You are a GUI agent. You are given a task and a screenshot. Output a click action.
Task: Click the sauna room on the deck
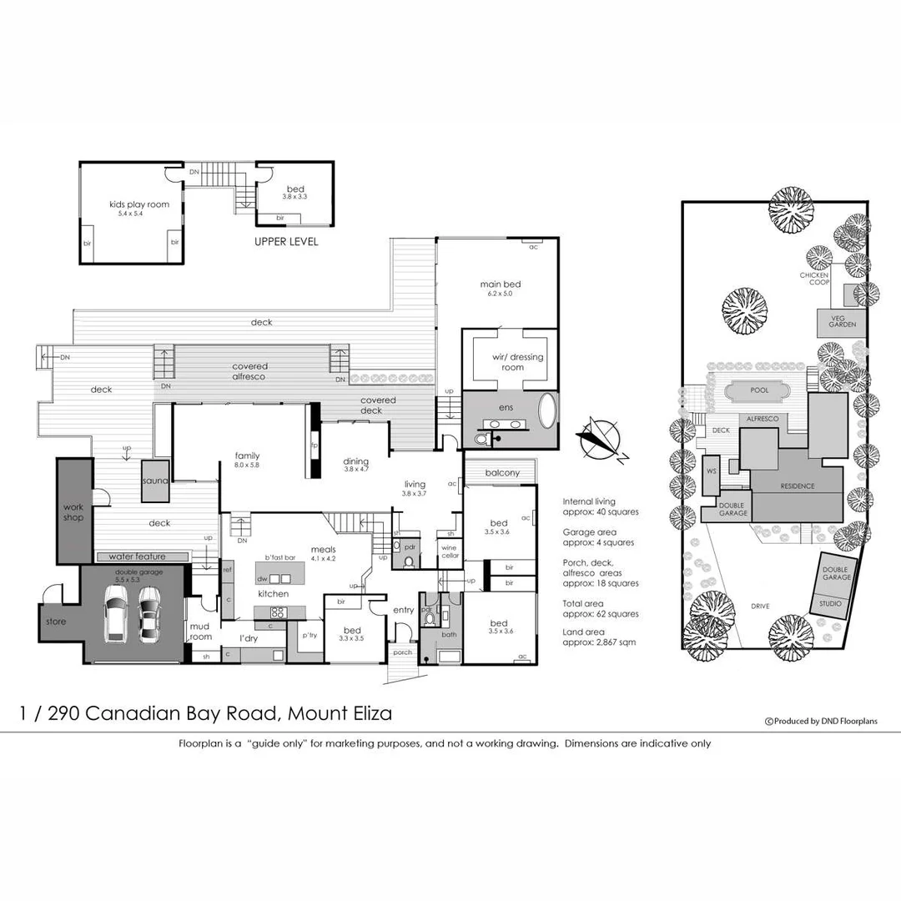click(155, 481)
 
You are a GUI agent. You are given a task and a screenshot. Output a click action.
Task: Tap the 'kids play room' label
click(139, 204)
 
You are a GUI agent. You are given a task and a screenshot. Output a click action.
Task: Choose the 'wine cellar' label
click(450, 551)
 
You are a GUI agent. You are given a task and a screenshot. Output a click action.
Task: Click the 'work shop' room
click(73, 511)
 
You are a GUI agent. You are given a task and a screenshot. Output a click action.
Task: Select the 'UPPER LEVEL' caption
click(286, 242)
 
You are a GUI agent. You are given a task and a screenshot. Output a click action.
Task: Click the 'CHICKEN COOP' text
click(814, 279)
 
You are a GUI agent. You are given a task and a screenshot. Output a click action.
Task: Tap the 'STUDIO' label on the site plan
click(830, 603)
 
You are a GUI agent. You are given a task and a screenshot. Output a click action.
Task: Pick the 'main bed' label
click(500, 284)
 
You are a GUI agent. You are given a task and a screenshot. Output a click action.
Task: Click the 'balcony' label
click(502, 473)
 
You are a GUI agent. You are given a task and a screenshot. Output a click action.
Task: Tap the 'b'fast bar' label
click(281, 556)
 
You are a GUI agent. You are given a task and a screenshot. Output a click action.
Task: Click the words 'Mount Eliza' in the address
click(340, 713)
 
